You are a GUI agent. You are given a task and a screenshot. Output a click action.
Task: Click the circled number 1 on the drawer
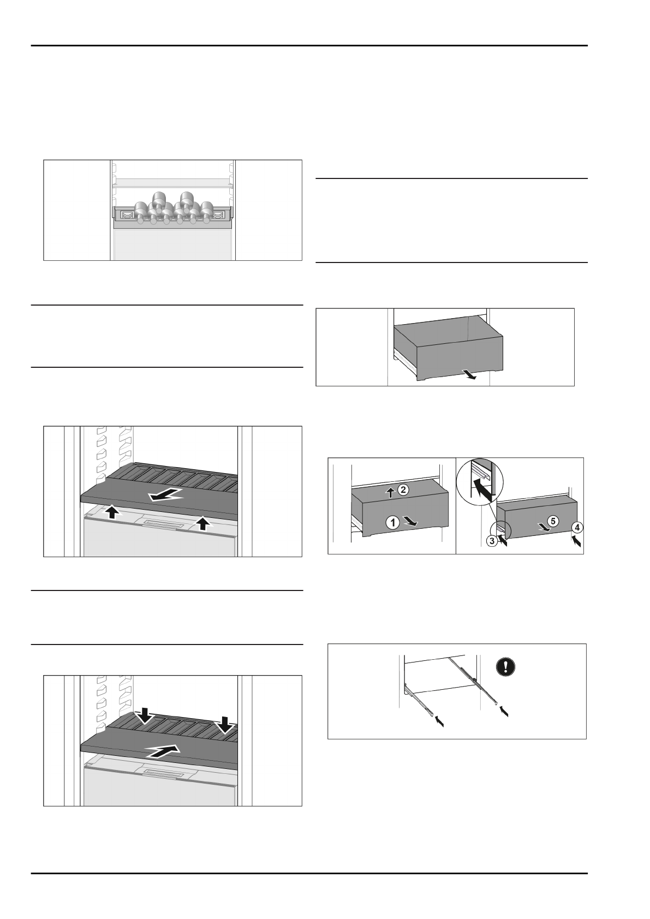point(392,522)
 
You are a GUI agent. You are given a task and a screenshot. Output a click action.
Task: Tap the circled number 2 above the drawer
point(403,490)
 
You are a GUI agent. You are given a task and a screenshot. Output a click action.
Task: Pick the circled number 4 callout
point(578,527)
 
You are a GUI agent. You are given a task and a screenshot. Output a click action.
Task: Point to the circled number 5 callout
point(553,521)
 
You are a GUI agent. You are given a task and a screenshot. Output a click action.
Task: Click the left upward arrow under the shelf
point(112,511)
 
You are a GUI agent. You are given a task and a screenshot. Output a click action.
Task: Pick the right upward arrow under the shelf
point(202,524)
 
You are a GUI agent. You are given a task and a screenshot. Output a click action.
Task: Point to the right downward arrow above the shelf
point(224,725)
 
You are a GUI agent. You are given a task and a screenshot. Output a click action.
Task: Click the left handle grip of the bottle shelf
point(127,215)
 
